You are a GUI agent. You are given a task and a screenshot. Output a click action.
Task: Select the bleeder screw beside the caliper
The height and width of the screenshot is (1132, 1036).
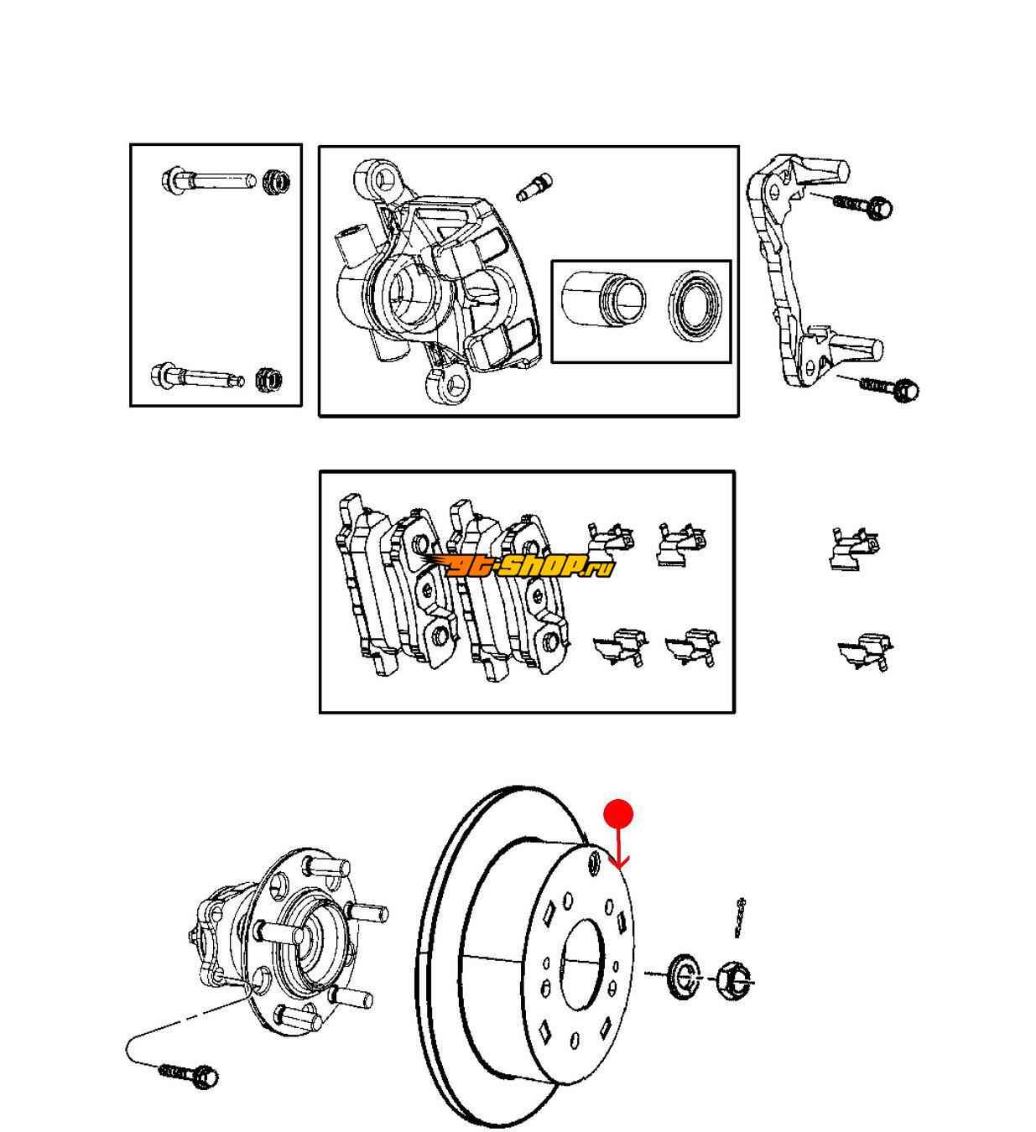pos(534,187)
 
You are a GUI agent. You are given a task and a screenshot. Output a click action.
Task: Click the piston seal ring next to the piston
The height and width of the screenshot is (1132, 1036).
pos(696,305)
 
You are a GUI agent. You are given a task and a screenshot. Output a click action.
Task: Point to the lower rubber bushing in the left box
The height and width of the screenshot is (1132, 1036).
pos(269,379)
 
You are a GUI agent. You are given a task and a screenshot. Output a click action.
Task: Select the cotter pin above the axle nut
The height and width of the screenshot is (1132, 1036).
pos(740,917)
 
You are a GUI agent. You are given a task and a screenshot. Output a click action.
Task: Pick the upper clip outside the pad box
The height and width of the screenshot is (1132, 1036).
pos(855,548)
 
